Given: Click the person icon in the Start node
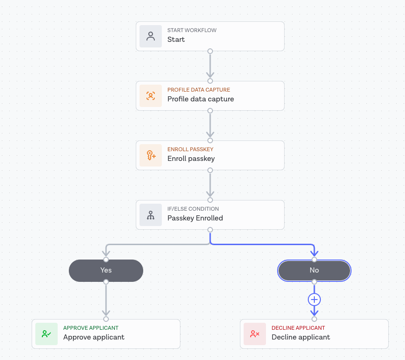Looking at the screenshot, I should point(151,36).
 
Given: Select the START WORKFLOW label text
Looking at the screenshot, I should point(192,30).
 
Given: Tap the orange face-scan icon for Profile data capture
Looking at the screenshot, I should point(151,96).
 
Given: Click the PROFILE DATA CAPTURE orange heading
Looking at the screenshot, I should point(199,90).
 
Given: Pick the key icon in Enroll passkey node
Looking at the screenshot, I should point(151,155).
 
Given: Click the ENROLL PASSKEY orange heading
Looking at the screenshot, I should point(190,149).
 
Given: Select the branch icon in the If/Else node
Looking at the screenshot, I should point(151,215).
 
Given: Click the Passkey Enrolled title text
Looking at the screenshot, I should point(195,218).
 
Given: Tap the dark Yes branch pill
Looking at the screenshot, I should point(106,270).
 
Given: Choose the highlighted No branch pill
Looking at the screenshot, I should point(314,270).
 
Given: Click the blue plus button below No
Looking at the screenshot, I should point(314,300).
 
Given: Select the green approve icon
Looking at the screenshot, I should point(46,334).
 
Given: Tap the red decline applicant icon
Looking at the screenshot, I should point(255,334).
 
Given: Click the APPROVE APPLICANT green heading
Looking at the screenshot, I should point(91,328).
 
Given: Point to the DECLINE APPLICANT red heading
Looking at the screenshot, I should point(298,328).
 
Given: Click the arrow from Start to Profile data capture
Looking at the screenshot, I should point(210,66).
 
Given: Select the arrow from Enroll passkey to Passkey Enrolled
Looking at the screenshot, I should point(210,185).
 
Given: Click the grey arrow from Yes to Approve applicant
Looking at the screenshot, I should point(106,300).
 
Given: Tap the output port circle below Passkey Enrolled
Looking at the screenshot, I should point(210,230).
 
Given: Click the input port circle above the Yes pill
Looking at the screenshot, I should point(106,260).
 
